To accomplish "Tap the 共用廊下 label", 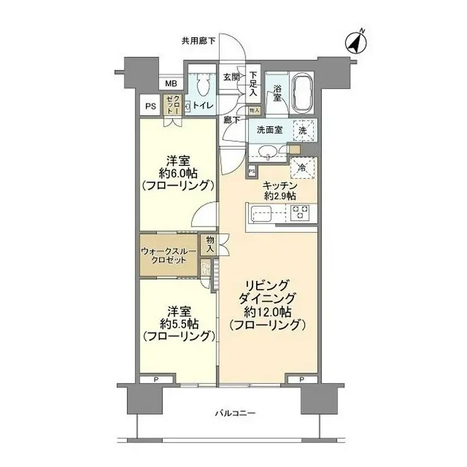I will tap(198, 41).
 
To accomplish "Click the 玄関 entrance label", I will tap(231, 77).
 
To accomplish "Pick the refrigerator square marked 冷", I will tap(302, 168).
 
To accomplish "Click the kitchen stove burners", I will tap(299, 213).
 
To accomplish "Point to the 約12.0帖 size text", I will tap(268, 311).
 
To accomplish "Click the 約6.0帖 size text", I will tap(180, 173).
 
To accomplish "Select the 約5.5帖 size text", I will tap(180, 324).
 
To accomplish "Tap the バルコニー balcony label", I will tap(235, 413).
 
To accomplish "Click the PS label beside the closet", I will tap(150, 106).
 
